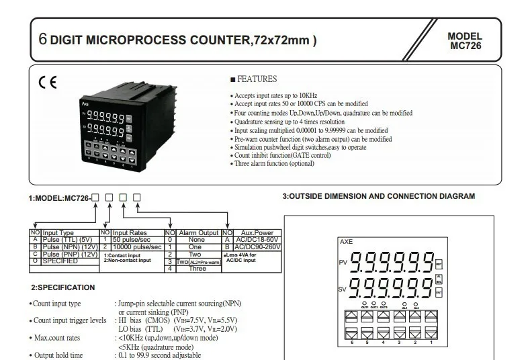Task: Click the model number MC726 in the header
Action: (465, 46)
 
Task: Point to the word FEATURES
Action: (257, 79)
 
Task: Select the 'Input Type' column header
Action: (67, 232)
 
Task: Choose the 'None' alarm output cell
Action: (197, 240)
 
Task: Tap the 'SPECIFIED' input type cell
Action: (60, 261)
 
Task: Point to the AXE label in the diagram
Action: (346, 240)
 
